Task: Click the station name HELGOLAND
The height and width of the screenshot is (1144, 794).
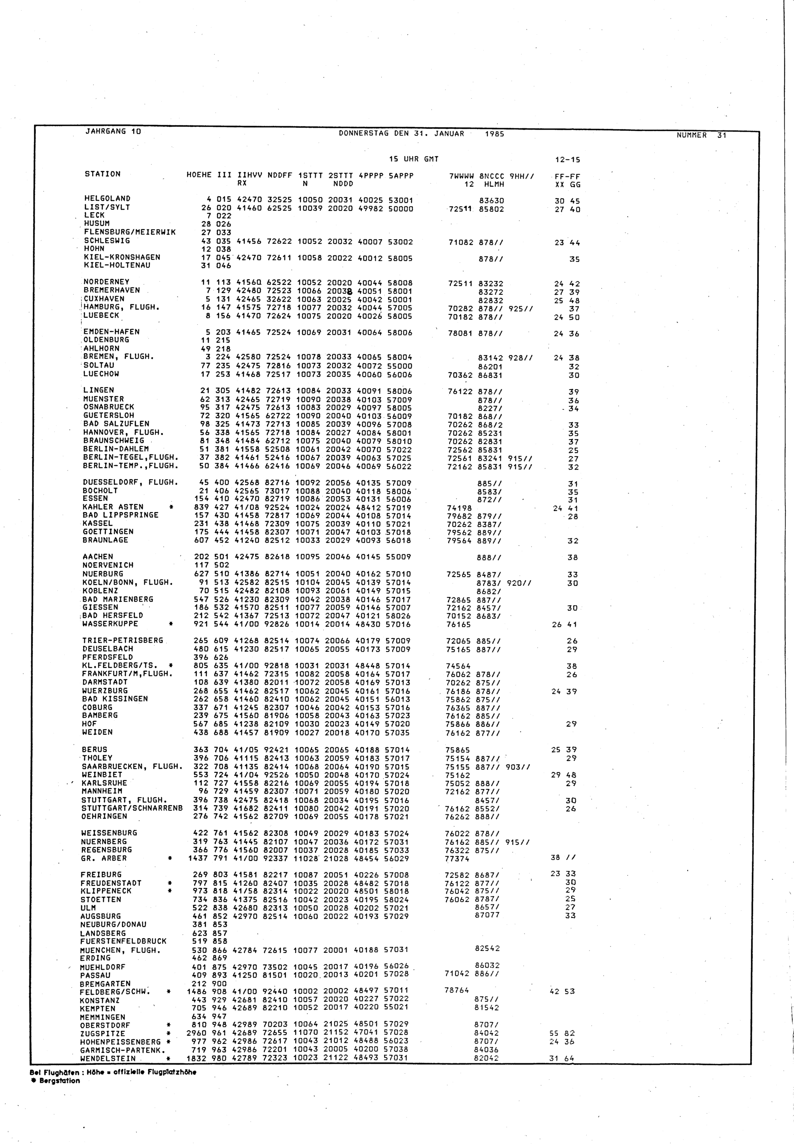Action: coord(107,199)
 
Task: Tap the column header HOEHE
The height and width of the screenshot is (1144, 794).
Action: coord(199,175)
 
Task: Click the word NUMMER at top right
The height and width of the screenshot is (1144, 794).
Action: coord(692,135)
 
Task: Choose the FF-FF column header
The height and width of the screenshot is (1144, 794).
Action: coord(568,177)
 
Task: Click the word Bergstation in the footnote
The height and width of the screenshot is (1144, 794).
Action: coord(59,1081)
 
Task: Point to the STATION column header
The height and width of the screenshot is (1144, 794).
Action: coord(102,174)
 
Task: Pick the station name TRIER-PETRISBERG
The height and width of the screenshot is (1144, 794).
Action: coord(122,640)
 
